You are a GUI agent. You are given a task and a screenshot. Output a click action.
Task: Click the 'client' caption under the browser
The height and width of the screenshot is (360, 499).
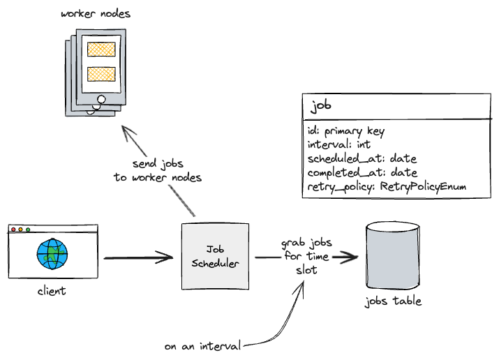click(52, 291)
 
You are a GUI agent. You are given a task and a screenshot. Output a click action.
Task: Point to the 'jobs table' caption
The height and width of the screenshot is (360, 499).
click(394, 302)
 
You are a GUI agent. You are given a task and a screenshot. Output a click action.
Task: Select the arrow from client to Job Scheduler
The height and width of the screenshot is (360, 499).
click(137, 259)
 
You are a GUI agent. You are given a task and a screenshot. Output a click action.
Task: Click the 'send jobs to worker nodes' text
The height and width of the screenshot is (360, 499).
click(157, 171)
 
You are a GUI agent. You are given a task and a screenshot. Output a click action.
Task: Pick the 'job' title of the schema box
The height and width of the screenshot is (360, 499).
click(321, 106)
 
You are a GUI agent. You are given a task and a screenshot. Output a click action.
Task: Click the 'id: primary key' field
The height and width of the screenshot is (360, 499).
click(345, 130)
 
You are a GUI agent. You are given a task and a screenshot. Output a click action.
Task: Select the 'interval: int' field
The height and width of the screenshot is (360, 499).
click(338, 144)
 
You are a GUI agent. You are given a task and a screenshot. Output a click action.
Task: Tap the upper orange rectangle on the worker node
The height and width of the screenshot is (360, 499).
click(101, 50)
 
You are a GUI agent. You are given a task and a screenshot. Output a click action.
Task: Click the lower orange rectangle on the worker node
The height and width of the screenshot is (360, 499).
click(101, 74)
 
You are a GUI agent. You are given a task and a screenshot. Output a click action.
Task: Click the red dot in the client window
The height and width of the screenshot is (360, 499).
click(13, 230)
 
